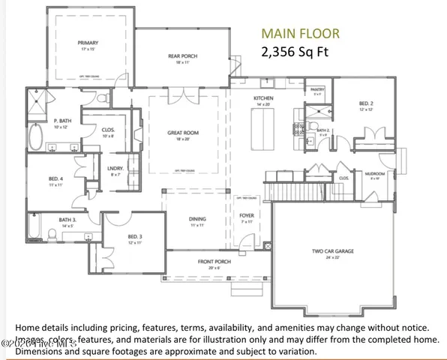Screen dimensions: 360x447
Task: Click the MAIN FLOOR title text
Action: pos(299,33)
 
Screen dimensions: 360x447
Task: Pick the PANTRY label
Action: pos(316,91)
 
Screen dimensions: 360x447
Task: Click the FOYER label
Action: pos(246,220)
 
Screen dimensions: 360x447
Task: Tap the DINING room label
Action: pos(197,221)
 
